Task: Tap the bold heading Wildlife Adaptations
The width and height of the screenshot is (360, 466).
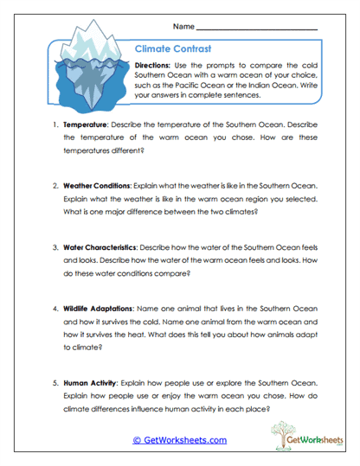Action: [x=99, y=309]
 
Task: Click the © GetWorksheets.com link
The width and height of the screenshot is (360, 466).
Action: [x=179, y=440]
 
